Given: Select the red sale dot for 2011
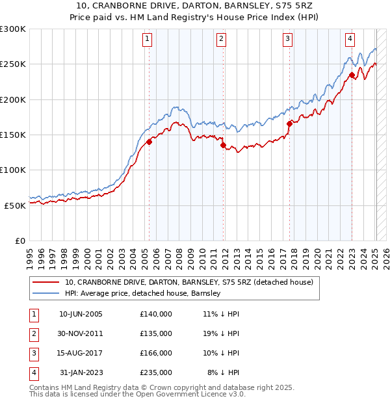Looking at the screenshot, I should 223,146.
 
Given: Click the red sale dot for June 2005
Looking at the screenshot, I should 149,142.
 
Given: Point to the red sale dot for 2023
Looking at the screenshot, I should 352,75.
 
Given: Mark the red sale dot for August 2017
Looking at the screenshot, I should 289,123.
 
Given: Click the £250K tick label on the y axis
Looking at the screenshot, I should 13,64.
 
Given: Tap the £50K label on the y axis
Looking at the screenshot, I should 15,205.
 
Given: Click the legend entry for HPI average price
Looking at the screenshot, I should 143,293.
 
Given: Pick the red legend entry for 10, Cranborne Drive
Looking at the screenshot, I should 188,282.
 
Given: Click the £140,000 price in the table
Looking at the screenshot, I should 156,313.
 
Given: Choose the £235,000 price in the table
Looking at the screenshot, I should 156,372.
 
